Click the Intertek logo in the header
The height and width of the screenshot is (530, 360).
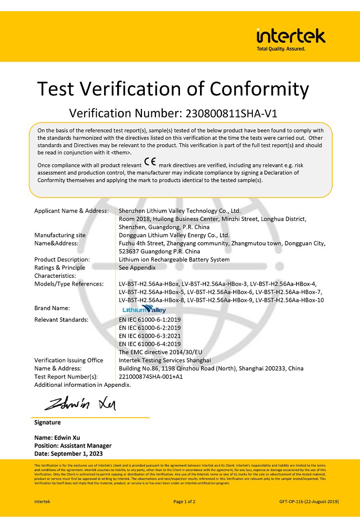pyautogui.click(x=291, y=36)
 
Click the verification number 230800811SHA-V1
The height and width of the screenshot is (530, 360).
pyautogui.click(x=231, y=114)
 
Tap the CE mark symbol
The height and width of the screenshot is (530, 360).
pyautogui.click(x=150, y=162)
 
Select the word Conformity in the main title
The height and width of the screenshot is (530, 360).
pyautogui.click(x=259, y=89)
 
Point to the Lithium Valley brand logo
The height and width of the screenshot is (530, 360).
pyautogui.click(x=144, y=309)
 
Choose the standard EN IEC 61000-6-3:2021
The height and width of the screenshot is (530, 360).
pyautogui.click(x=150, y=336)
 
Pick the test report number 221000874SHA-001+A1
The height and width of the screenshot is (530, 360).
pyautogui.click(x=151, y=377)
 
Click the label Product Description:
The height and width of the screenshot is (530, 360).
pyautogui.click(x=62, y=259)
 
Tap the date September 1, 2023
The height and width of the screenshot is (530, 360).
pyautogui.click(x=77, y=454)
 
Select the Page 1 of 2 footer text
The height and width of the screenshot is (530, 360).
pyautogui.click(x=184, y=502)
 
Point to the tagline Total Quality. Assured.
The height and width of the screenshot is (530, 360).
pyautogui.click(x=281, y=49)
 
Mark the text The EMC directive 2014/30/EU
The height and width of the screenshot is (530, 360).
pyautogui.click(x=160, y=352)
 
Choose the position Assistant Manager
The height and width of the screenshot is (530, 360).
pyautogui.click(x=86, y=446)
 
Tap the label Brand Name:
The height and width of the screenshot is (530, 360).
pyautogui.click(x=52, y=308)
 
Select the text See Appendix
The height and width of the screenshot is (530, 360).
pyautogui.click(x=137, y=267)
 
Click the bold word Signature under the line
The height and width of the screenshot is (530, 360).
pyautogui.click(x=48, y=422)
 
